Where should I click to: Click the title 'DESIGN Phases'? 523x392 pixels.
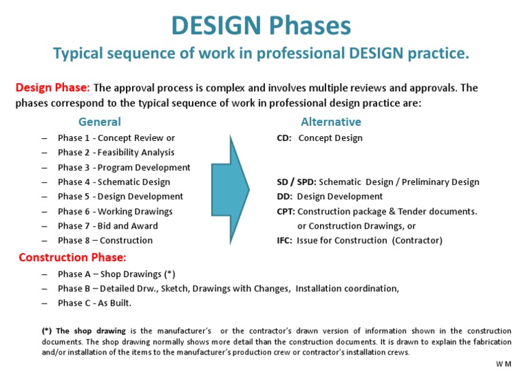(261, 25)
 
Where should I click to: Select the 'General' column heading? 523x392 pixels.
(99, 122)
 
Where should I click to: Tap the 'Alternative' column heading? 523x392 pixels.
(331, 122)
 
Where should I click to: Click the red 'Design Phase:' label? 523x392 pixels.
(52, 88)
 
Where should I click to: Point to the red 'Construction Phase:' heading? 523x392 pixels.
(72, 257)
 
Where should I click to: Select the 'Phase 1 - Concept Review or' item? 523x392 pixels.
(116, 138)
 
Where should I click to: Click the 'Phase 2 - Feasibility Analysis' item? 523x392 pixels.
(116, 152)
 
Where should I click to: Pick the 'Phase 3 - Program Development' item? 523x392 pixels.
(124, 167)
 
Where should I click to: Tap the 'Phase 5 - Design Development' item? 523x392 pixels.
(120, 197)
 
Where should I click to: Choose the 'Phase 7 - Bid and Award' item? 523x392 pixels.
(108, 226)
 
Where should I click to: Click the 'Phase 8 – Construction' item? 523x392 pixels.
(105, 240)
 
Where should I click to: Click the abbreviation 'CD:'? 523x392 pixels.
(284, 138)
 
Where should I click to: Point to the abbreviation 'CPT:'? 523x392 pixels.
(285, 212)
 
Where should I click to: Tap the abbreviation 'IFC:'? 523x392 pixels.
(285, 240)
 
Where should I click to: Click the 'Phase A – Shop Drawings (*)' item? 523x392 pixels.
(116, 274)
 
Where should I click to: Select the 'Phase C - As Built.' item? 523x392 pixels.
(95, 303)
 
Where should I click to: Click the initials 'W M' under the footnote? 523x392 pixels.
(503, 365)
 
